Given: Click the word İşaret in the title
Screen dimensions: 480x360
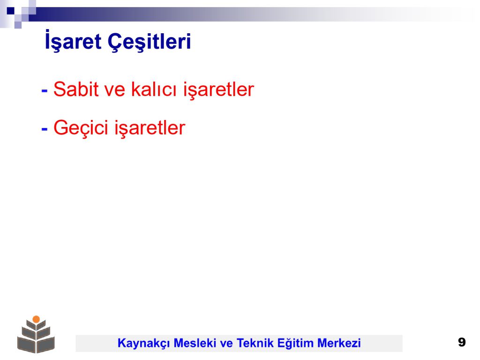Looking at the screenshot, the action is click(73, 41).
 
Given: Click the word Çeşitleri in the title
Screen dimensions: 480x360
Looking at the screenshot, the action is click(149, 41).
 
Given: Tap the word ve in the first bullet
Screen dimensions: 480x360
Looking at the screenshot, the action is click(114, 90).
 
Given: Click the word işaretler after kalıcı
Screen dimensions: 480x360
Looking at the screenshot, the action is click(218, 90).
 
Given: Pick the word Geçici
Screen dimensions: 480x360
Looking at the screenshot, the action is click(81, 127).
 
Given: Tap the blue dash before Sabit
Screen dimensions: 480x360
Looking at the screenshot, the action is click(45, 90).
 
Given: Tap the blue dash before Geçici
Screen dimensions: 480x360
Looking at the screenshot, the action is click(45, 129).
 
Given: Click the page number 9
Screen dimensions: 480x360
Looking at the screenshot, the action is click(462, 342).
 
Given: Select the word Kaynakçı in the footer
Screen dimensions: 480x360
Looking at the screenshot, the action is click(143, 343).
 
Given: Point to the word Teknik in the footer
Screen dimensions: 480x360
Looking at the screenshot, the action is click(255, 343).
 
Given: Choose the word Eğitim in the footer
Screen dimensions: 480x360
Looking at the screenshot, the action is click(295, 343).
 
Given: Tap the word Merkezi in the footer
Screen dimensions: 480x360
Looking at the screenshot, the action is click(339, 343).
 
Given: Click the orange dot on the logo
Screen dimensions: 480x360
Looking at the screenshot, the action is click(36, 319).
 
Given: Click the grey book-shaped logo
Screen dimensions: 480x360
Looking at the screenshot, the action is click(36, 334).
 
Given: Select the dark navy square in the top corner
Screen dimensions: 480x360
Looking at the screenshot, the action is click(11, 11).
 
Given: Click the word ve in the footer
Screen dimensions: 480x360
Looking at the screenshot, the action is click(226, 344).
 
